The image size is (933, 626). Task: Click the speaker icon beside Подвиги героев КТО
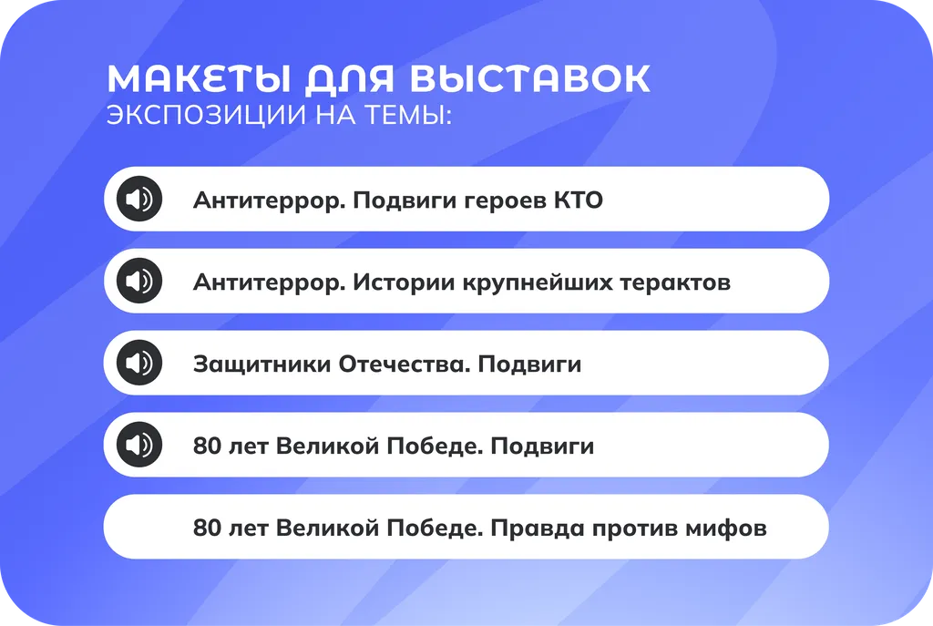(139, 199)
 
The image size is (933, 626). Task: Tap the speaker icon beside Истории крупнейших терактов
(139, 281)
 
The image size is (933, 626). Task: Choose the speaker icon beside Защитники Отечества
(139, 363)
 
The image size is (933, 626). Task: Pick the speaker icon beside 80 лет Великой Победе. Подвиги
(139, 445)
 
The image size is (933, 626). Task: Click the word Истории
(390, 282)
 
